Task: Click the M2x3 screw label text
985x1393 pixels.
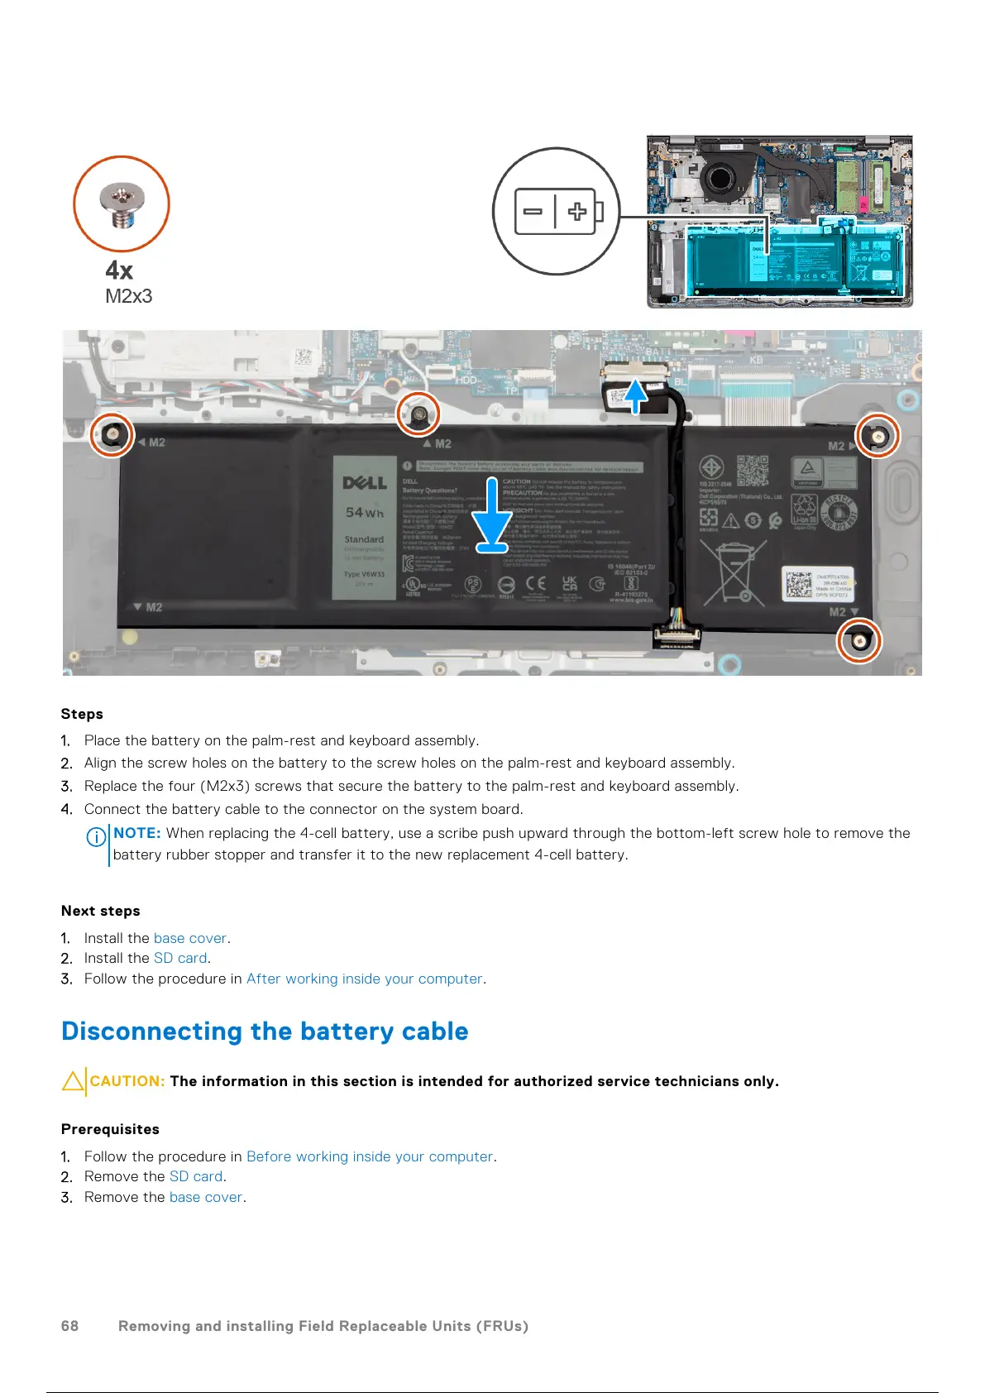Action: point(128,296)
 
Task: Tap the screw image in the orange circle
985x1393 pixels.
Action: point(122,203)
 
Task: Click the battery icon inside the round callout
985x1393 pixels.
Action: point(558,212)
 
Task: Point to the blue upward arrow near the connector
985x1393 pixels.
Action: point(635,395)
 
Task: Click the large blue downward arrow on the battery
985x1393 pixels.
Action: point(492,515)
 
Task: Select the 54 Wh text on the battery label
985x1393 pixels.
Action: point(364,513)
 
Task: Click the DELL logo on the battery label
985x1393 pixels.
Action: point(365,483)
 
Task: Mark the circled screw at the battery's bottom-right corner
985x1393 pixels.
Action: point(859,641)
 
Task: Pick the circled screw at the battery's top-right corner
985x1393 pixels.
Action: point(877,434)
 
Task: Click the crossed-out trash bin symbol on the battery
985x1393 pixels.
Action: point(733,572)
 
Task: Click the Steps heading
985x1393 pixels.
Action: point(82,714)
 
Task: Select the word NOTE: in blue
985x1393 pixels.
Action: point(137,833)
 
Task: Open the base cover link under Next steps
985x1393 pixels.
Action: point(190,938)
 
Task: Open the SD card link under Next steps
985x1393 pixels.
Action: point(180,958)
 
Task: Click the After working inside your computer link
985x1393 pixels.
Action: point(364,979)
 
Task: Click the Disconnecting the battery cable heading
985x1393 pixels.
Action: point(265,1032)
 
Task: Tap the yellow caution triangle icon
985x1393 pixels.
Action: point(73,1081)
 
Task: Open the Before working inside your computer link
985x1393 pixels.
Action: point(369,1156)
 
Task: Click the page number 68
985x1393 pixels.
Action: point(69,1326)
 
